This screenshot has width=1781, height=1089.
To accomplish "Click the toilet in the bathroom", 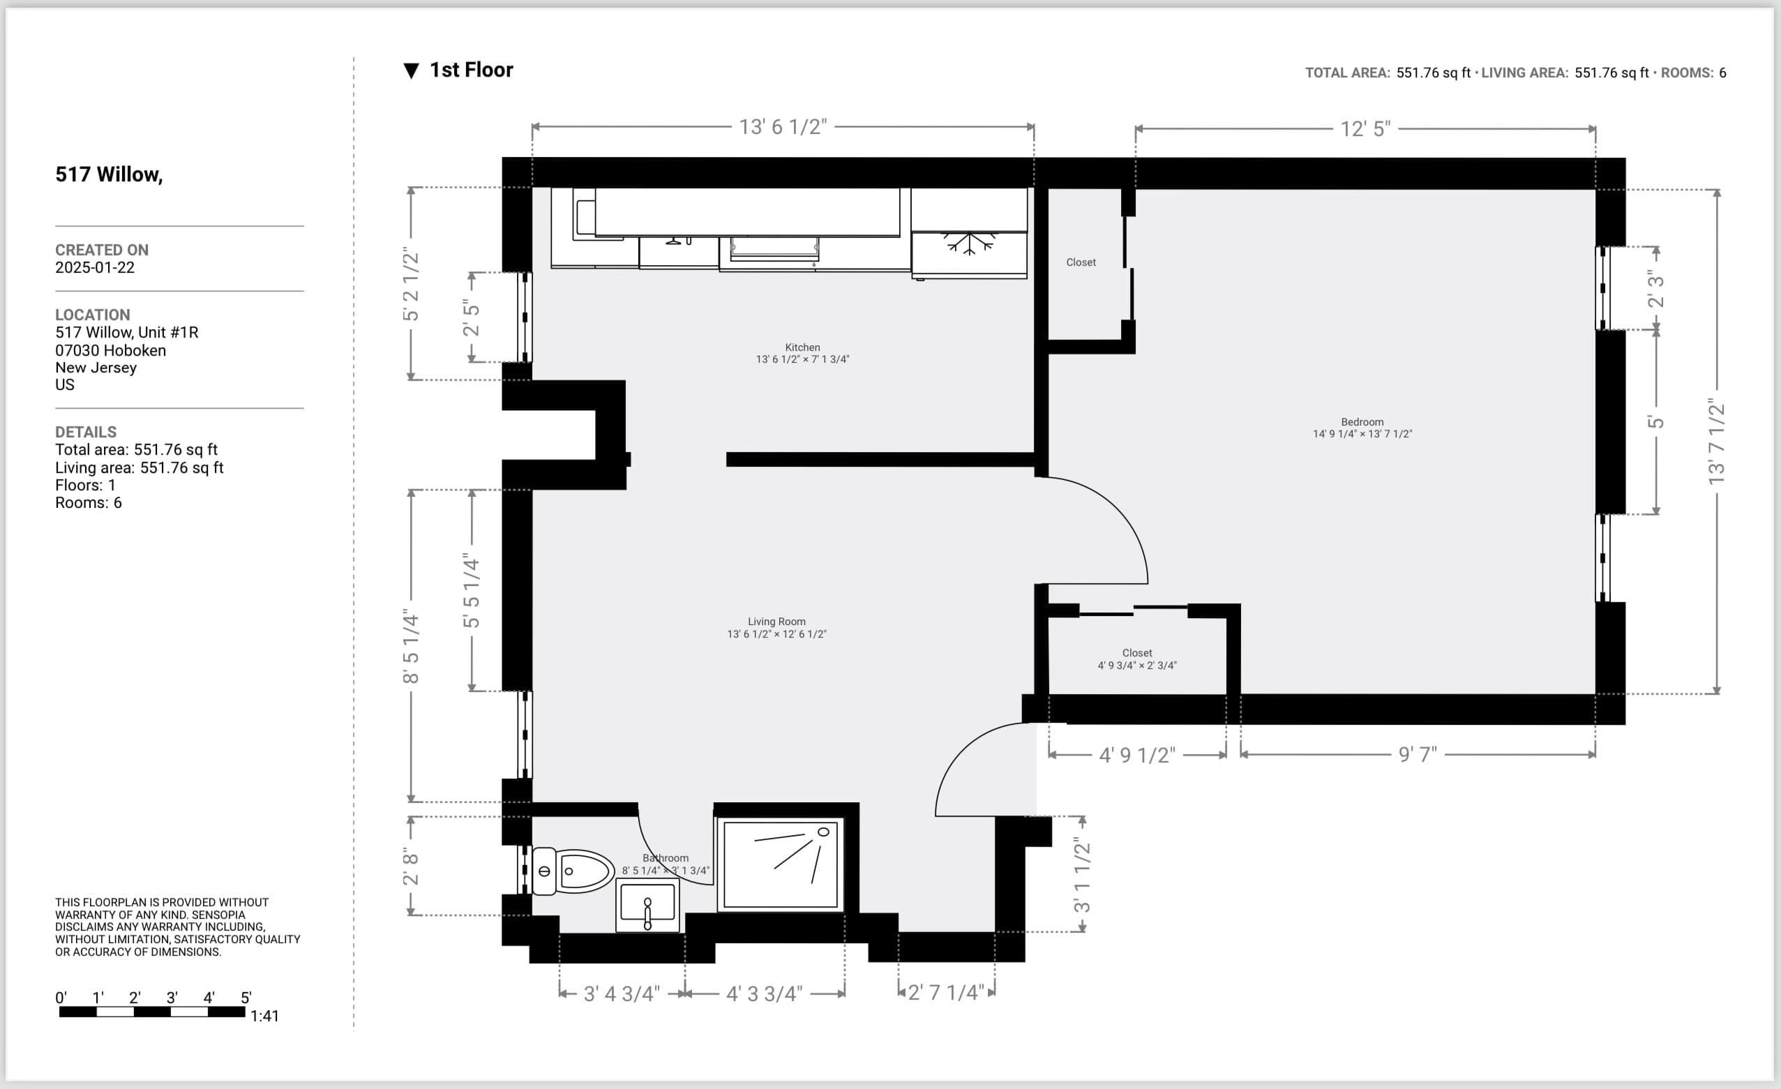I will pos(575,871).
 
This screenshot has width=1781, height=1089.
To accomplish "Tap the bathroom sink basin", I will pos(647,904).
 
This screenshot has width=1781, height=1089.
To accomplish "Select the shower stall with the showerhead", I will pos(780,864).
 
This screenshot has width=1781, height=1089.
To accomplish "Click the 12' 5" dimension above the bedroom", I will pos(1365,129).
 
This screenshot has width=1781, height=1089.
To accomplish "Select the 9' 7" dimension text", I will pos(1418,754).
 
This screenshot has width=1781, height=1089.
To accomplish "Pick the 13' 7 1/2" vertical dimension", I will pos(1716,442).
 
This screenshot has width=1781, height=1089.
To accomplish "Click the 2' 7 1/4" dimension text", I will pos(945,992).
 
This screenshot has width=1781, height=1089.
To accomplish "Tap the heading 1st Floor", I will pos(472,70).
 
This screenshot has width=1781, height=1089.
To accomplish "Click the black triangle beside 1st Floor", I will pos(412,71).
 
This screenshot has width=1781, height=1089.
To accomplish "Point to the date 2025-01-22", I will pos(95,267).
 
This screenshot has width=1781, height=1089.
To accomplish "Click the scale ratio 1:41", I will pos(264,1016).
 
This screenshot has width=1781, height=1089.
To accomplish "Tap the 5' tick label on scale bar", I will pos(246,998).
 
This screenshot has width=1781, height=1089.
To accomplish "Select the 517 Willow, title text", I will pos(109,174).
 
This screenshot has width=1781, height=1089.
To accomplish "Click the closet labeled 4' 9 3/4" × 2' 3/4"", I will pos(1137,659).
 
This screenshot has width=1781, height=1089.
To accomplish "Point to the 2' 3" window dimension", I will pos(1655,288).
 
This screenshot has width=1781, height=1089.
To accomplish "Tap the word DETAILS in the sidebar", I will pos(86,432).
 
